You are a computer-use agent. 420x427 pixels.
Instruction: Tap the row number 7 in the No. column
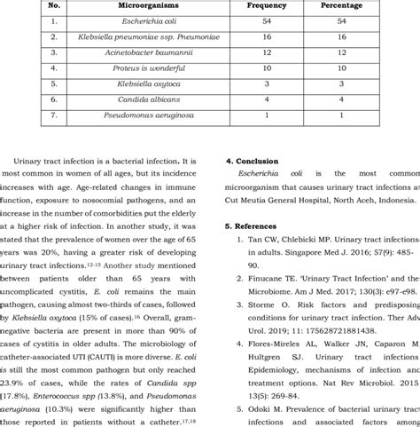54,115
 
